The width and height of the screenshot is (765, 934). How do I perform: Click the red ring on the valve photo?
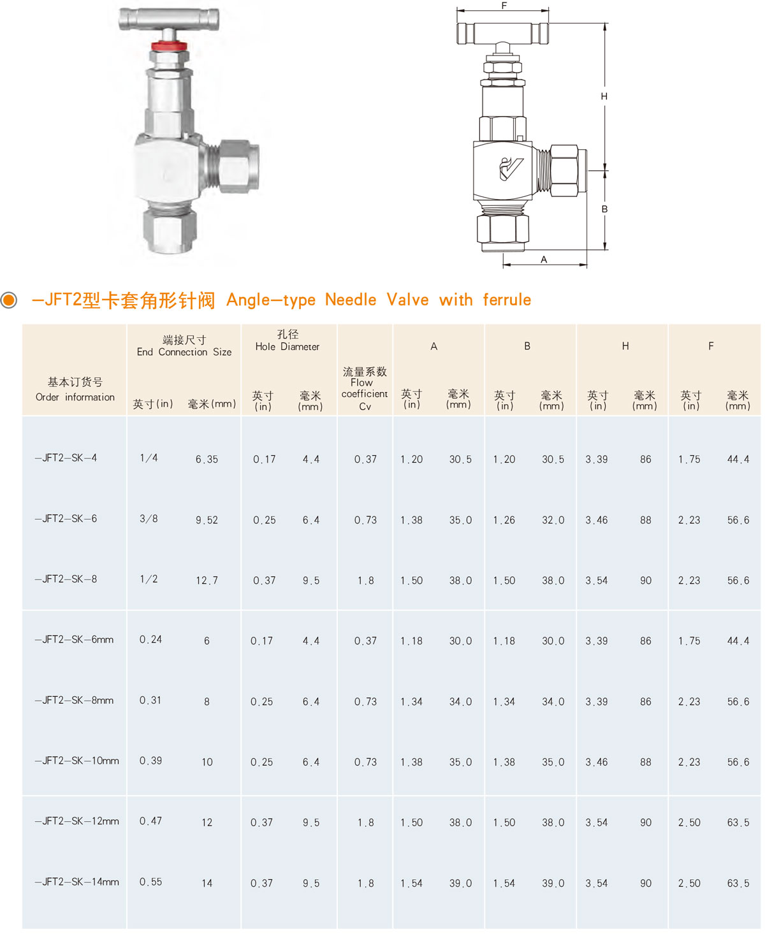click(169, 45)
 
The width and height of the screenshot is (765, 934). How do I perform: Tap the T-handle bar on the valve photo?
click(169, 19)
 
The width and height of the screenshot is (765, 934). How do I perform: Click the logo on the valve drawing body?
click(511, 168)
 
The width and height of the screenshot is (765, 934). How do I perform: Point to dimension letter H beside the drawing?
click(604, 96)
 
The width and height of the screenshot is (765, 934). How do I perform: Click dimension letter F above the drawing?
click(504, 5)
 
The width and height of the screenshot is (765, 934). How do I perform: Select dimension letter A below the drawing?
click(544, 259)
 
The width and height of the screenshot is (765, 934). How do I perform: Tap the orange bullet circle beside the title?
click(8, 300)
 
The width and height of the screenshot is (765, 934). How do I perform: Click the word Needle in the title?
click(351, 300)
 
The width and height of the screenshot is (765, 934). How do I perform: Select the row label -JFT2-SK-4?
click(66, 458)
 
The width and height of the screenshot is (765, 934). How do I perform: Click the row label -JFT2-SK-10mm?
click(77, 761)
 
